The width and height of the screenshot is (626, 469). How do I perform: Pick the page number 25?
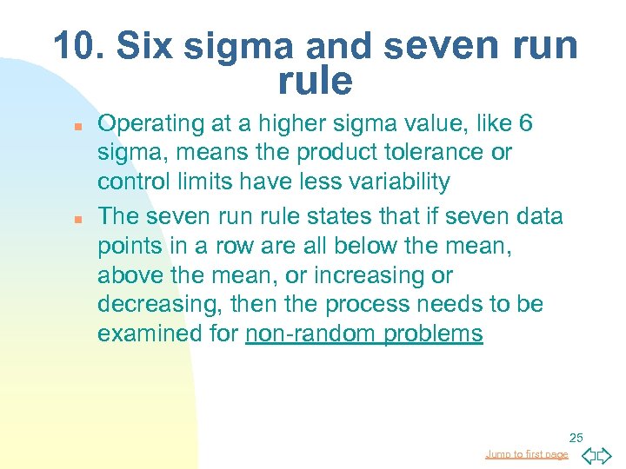[576, 437]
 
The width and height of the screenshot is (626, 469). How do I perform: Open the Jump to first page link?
[527, 454]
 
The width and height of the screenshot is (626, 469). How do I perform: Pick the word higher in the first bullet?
[296, 124]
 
